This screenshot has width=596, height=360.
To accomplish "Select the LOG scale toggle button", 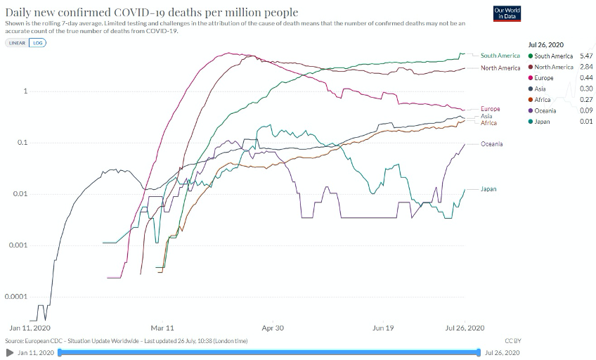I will (37, 42).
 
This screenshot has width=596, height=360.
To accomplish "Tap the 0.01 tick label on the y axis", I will (20, 194).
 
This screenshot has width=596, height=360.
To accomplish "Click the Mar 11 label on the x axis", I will (162, 328).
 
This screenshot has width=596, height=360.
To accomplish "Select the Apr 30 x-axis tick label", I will (272, 328).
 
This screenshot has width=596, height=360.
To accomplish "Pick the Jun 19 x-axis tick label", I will (382, 328).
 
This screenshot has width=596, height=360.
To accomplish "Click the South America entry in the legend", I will (554, 56).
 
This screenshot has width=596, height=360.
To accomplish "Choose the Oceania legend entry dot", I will (529, 110).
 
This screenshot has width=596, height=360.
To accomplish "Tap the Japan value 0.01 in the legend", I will (586, 122).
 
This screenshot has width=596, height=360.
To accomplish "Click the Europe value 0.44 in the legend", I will (586, 77).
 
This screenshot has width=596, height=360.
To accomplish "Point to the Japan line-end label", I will (489, 189).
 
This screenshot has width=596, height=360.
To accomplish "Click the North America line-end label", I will (500, 68).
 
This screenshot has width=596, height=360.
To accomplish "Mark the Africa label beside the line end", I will (488, 123).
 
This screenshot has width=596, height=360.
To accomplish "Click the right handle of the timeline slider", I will (479, 352).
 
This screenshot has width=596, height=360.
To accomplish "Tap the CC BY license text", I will (512, 341).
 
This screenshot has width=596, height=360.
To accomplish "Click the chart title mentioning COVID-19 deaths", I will (151, 12).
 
